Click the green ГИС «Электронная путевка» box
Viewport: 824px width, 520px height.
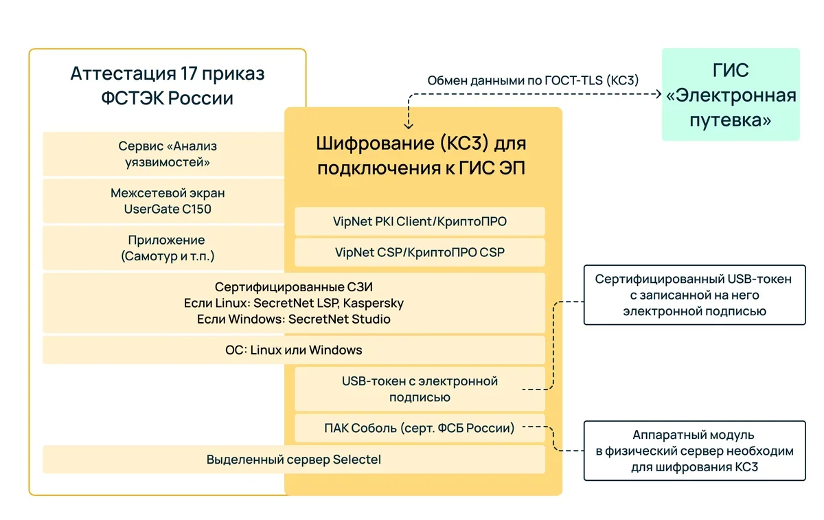pyautogui.click(x=731, y=95)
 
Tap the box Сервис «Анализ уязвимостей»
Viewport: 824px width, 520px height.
pyautogui.click(x=163, y=154)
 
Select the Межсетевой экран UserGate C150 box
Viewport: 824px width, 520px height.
pyautogui.click(x=163, y=201)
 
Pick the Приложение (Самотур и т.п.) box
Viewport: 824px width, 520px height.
pyautogui.click(x=163, y=248)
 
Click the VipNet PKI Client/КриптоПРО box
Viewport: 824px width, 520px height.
pyautogui.click(x=420, y=221)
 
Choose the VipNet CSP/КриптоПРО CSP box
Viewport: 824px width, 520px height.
pyautogui.click(x=420, y=252)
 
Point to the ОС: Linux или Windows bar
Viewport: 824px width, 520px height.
pyautogui.click(x=293, y=350)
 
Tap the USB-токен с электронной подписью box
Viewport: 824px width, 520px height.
pyautogui.click(x=420, y=389)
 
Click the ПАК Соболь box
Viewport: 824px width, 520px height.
pyautogui.click(x=420, y=428)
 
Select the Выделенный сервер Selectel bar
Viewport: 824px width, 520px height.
pyautogui.click(x=293, y=460)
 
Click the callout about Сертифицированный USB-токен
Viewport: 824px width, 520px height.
pyautogui.click(x=694, y=295)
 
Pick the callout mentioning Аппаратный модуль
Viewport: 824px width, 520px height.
pyautogui.click(x=694, y=451)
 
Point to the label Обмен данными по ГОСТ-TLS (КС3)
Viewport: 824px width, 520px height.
pyautogui.click(x=533, y=80)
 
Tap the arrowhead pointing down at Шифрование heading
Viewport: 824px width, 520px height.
pyautogui.click(x=409, y=125)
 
